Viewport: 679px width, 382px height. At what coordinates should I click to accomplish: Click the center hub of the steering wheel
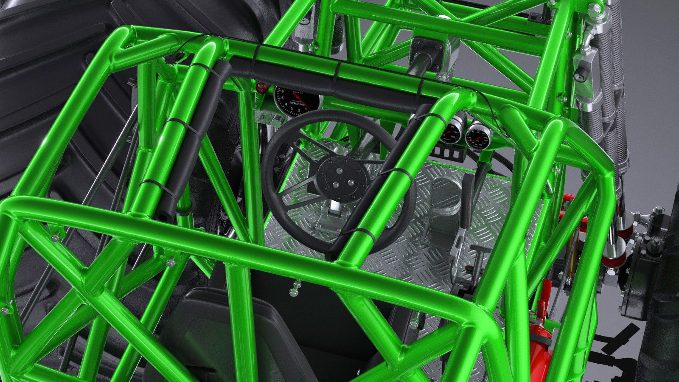point(341,176)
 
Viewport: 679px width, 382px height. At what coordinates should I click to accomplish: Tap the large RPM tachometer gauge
point(296,101)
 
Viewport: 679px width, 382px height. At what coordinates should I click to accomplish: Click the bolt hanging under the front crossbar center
point(295,289)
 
